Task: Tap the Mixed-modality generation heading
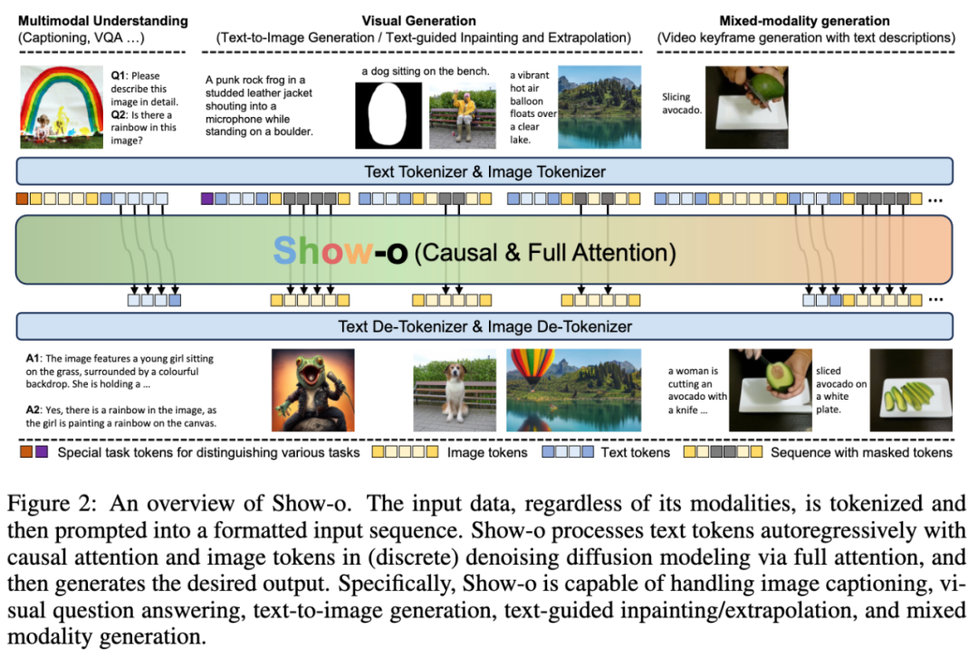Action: (804, 20)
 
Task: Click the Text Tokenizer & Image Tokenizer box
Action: (484, 171)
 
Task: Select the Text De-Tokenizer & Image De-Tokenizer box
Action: (484, 326)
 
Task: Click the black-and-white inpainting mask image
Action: (388, 115)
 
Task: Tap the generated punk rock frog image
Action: (313, 391)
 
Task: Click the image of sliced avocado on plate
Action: (911, 391)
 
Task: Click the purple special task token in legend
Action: (43, 451)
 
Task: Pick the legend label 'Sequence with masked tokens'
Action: (861, 451)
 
